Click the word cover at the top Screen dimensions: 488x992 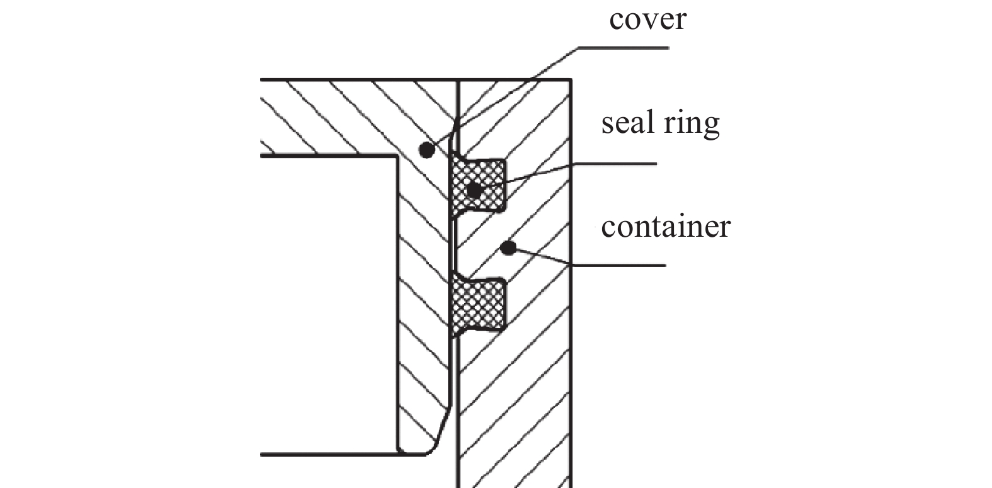647,19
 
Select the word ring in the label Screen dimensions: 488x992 693,123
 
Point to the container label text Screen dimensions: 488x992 666,226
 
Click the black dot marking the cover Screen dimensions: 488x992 427,150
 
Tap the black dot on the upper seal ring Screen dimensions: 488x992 474,189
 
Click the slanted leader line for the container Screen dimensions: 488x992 542,257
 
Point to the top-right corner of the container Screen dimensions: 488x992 571,79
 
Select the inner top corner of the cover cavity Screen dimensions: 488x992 397,156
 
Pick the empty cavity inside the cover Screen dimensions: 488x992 328,302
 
